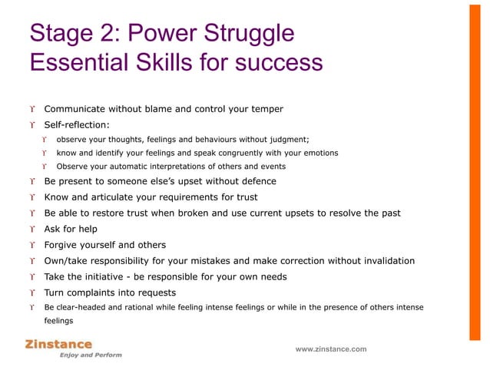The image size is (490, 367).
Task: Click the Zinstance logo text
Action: (x=58, y=345)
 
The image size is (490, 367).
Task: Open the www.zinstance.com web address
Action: (x=331, y=349)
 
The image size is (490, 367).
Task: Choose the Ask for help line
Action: (x=71, y=230)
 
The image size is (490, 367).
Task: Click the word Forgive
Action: (x=62, y=246)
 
